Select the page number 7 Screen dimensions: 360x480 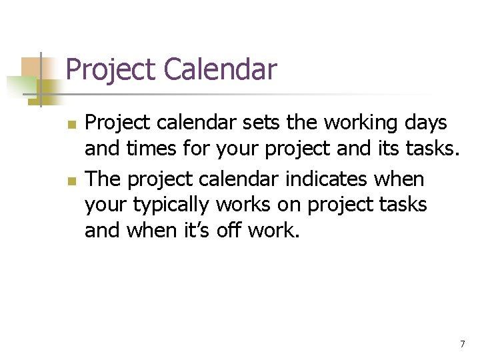tap(462, 344)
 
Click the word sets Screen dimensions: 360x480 tap(251, 123)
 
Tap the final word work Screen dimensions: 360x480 tap(273, 230)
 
